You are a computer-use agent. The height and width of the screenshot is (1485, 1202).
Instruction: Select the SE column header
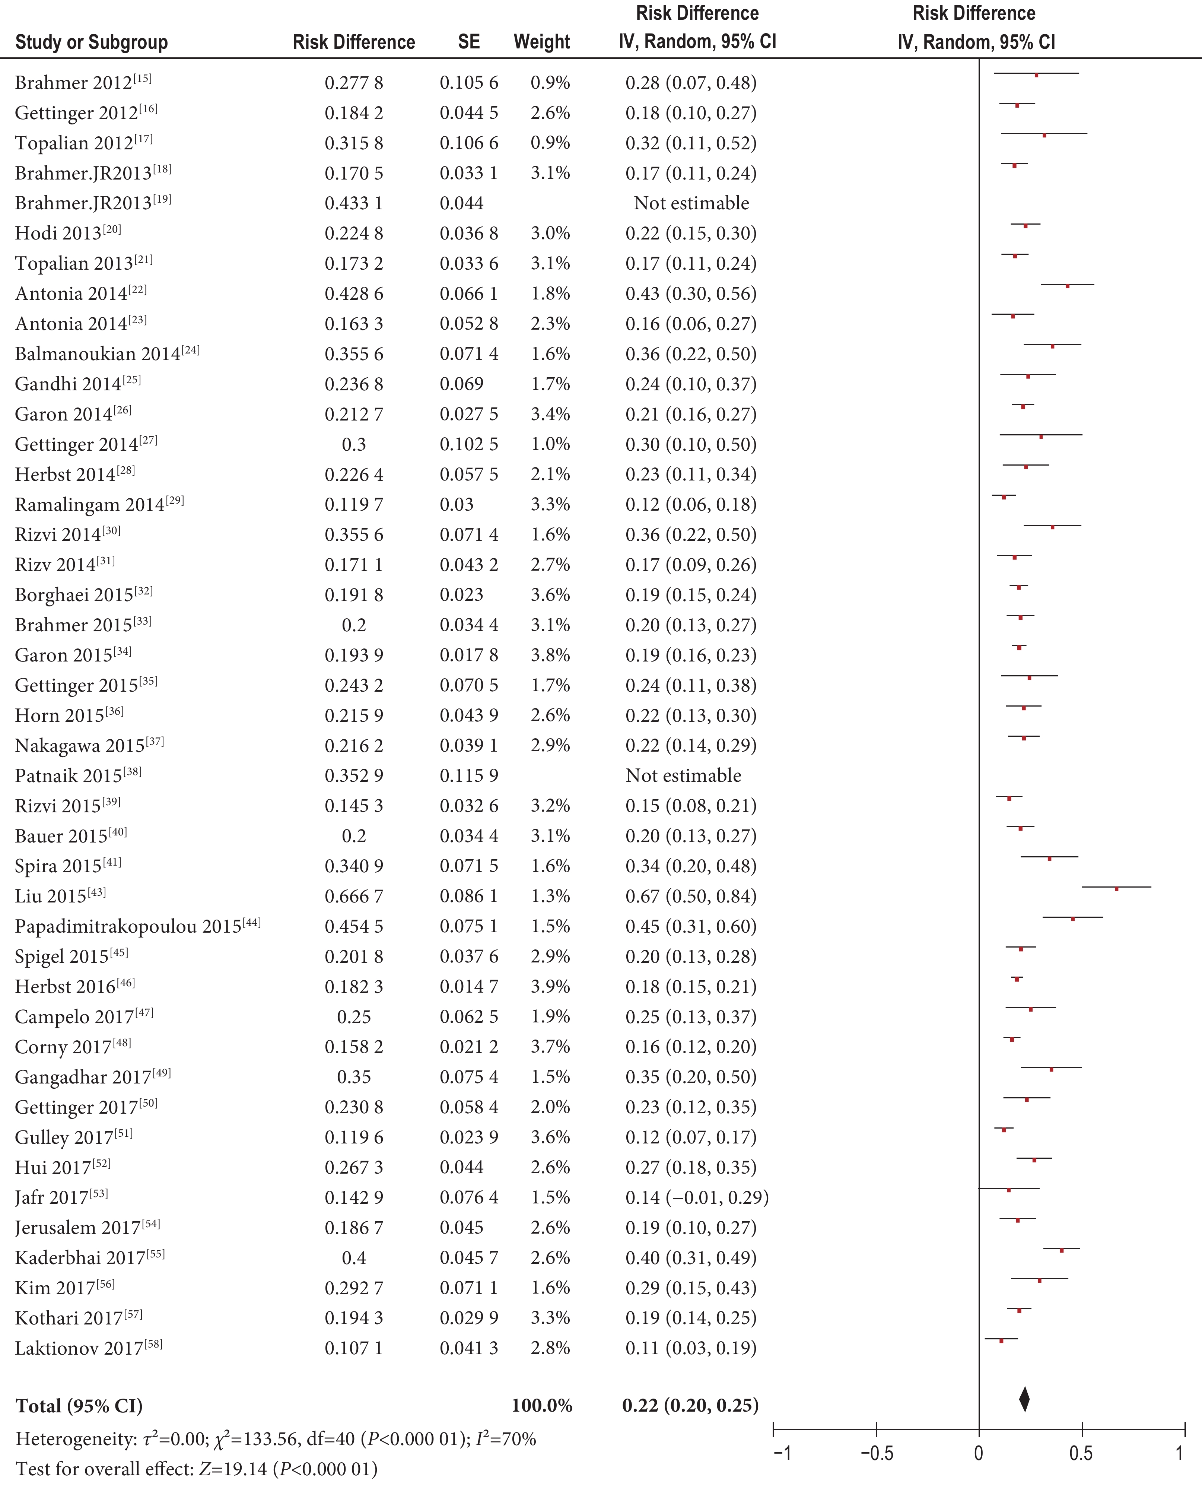[x=469, y=42]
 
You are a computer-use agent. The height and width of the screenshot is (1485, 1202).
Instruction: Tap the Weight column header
[x=541, y=42]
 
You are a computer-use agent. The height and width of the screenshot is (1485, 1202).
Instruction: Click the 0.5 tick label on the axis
[x=1081, y=1453]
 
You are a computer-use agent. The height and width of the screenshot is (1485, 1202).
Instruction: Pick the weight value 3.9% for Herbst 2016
[x=550, y=986]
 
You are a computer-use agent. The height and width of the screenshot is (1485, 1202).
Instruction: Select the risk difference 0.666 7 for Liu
[x=354, y=896]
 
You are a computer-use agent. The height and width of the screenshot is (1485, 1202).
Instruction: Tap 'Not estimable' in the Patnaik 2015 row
[x=683, y=776]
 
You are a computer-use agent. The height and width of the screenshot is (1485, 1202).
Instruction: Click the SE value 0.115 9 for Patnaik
[x=469, y=776]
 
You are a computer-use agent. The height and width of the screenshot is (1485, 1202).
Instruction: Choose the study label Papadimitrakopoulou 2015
[x=138, y=926]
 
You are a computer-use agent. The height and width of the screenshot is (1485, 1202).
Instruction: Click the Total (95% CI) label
[x=79, y=1405]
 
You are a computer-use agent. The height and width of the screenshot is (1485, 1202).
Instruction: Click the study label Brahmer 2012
[x=83, y=82]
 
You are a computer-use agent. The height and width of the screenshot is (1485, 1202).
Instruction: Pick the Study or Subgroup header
[x=91, y=42]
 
